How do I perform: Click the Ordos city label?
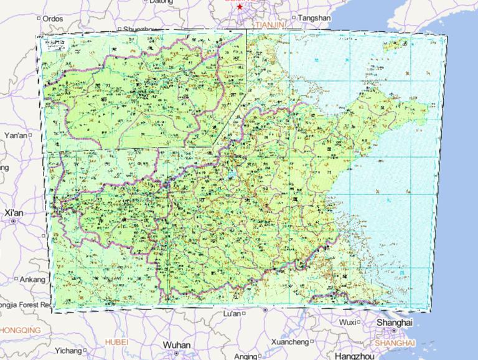53,19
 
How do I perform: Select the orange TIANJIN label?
269,23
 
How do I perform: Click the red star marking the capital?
240,6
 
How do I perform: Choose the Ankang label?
33,280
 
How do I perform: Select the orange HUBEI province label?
116,342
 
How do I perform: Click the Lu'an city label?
232,313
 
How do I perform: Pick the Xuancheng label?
290,342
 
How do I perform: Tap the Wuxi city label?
348,322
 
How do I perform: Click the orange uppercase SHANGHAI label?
395,343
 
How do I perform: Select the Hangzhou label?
354,356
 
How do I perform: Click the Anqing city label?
246,356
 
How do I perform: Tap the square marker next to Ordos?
39,19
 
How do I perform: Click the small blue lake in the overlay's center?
232,174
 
